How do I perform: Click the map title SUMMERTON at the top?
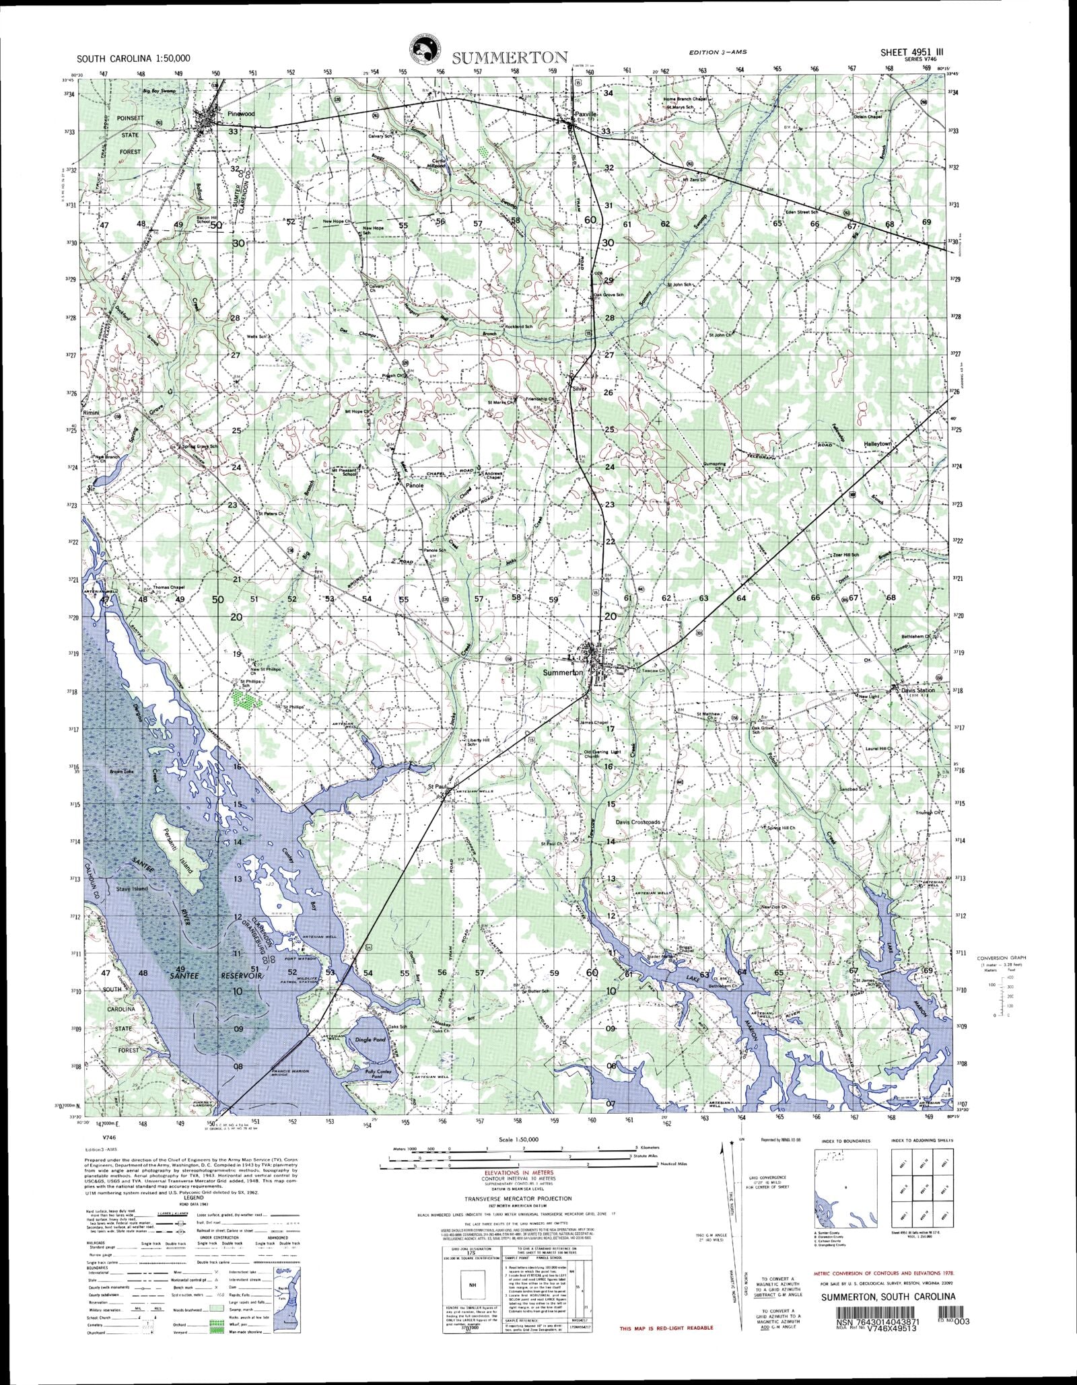click(x=510, y=57)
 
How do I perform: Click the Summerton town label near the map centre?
click(x=563, y=672)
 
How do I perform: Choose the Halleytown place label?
click(x=877, y=444)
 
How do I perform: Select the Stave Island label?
click(x=131, y=889)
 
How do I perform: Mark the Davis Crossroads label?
click(x=639, y=822)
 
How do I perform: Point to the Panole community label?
click(x=414, y=485)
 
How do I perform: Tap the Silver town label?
click(x=579, y=388)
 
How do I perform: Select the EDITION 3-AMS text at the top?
click(x=718, y=52)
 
